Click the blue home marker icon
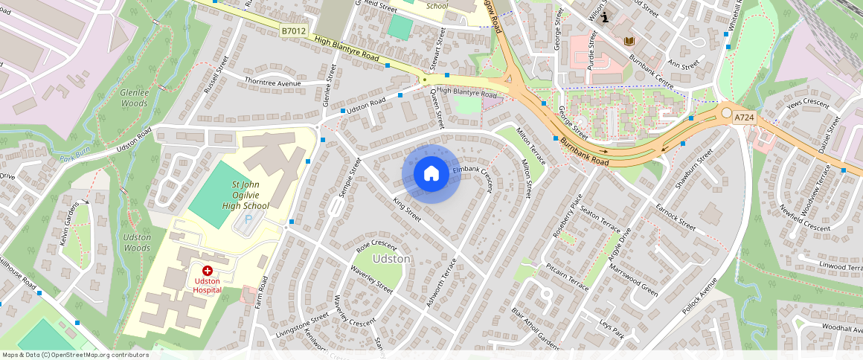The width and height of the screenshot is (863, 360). point(431,174)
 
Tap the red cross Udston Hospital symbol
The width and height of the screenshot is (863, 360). point(207,272)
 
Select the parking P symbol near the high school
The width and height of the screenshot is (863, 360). point(248,220)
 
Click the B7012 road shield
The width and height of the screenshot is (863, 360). point(292,31)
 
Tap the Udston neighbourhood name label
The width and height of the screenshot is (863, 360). point(391,259)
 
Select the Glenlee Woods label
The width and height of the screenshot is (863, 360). point(134,98)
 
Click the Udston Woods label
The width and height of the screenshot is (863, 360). point(136,242)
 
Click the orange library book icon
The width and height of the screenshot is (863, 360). point(629,41)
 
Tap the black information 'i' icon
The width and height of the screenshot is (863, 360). point(606,18)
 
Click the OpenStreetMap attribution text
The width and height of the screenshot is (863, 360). point(75,355)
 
